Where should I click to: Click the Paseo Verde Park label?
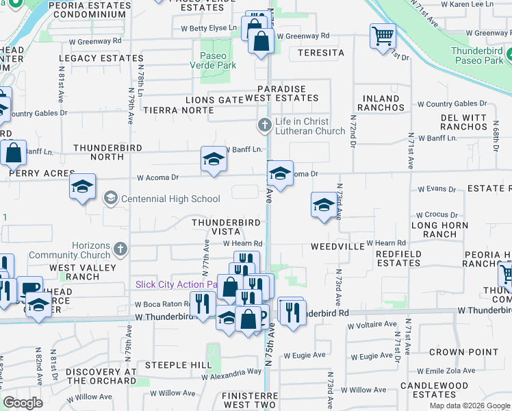(218, 60)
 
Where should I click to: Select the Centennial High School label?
(170, 199)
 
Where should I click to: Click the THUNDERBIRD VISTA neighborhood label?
(226, 227)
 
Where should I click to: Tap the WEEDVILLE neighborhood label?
(335, 245)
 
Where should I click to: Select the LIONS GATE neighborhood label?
(215, 100)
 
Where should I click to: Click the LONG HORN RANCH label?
(439, 229)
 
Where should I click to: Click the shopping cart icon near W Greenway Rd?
(383, 35)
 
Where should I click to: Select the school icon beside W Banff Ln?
(214, 160)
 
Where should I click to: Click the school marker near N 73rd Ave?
(324, 203)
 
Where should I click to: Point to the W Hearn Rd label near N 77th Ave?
(241, 243)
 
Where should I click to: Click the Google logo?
(23, 403)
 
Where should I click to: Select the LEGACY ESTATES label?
(101, 59)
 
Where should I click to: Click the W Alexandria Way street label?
(231, 372)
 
